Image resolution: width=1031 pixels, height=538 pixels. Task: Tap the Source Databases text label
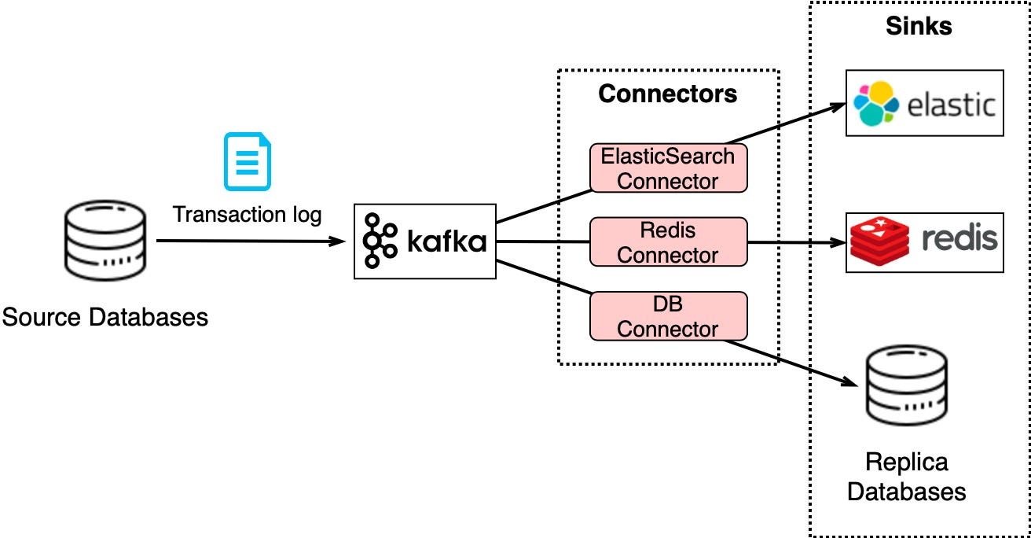[105, 318]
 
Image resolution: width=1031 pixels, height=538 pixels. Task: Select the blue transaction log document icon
[247, 162]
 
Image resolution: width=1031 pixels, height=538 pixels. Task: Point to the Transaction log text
[247, 214]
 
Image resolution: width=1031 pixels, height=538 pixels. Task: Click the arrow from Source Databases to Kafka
[251, 241]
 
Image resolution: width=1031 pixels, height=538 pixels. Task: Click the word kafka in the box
[446, 242]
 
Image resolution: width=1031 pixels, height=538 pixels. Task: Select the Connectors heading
[667, 94]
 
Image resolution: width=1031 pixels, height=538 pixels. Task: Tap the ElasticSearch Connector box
[667, 168]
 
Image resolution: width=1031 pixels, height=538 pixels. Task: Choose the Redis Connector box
[667, 242]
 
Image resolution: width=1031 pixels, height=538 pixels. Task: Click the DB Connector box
[667, 316]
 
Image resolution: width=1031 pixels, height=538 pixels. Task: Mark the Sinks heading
[919, 26]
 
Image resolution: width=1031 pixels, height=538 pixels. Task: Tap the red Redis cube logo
[879, 242]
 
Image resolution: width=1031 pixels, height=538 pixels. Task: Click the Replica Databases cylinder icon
[906, 386]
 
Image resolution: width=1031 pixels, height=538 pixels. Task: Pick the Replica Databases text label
[906, 477]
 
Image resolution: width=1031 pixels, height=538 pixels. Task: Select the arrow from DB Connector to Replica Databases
[794, 362]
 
